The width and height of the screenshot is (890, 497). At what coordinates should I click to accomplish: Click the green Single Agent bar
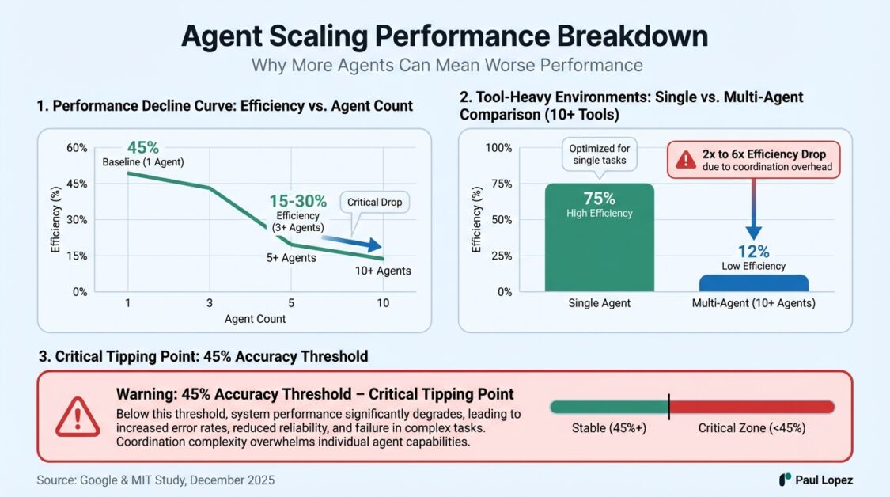600,237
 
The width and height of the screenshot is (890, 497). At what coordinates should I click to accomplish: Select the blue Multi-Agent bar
754,283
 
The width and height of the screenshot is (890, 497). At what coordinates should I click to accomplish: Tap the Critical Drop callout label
375,203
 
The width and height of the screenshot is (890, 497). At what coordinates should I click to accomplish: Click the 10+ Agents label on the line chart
383,271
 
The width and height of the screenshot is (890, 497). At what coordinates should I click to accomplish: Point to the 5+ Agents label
291,258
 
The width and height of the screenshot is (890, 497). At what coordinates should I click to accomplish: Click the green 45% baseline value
143,148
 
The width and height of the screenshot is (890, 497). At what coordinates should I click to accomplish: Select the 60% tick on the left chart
77,148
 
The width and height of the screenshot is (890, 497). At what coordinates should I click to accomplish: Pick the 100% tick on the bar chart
498,148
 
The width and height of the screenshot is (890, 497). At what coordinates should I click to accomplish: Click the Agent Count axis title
255,319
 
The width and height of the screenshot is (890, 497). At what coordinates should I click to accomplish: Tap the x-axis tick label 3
210,303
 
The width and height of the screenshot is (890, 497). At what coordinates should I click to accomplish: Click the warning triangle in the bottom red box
78,417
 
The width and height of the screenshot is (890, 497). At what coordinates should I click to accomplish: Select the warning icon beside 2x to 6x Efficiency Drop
686,160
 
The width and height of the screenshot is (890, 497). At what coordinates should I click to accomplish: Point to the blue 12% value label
754,251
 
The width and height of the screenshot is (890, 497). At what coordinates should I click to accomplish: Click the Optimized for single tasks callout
600,154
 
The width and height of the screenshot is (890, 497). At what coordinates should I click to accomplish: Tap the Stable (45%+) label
609,428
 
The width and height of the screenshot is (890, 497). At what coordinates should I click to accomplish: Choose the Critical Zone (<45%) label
752,428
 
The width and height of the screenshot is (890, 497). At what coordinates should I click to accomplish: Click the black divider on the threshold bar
669,407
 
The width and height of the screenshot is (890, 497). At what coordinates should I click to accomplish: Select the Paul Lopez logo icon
785,480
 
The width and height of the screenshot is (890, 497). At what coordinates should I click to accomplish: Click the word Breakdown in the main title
632,36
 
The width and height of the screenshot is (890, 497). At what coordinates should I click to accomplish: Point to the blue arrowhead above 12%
754,233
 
